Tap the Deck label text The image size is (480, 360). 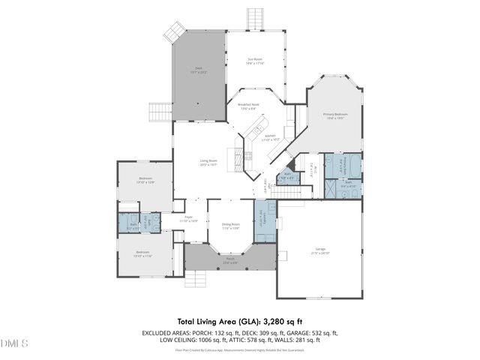pos(199,68)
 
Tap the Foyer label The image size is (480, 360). pos(188,218)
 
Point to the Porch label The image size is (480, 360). pos(229,260)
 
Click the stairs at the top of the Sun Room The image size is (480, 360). pos(256,16)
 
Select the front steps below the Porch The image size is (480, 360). pos(196,280)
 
